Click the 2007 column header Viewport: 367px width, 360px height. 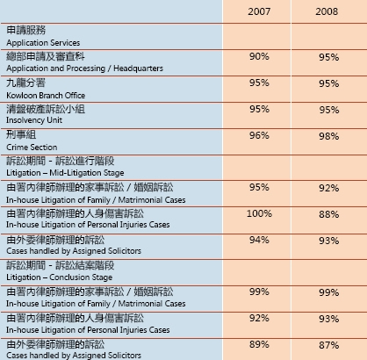tap(259, 11)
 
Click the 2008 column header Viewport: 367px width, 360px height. tap(327, 11)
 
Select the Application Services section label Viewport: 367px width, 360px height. tap(43, 43)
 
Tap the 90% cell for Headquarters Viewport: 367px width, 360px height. tap(259, 56)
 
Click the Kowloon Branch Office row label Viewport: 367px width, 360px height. tap(46, 96)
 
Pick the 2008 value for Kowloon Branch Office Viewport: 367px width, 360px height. tap(329, 83)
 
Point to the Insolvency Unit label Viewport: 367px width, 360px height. tap(34, 120)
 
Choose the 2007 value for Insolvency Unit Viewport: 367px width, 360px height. tap(259, 109)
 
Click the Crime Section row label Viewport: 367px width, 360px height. tap(32, 148)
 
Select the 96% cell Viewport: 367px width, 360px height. tap(259, 135)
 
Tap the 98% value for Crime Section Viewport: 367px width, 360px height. tap(329, 136)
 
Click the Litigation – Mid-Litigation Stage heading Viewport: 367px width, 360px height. tap(65, 173)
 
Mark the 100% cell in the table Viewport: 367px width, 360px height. tap(259, 213)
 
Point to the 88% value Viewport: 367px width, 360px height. tap(329, 214)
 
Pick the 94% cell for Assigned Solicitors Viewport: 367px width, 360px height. tap(259, 240)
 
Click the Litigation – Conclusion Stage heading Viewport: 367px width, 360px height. tap(60, 277)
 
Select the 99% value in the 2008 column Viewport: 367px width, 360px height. tap(329, 292)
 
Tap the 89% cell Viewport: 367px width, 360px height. tap(259, 344)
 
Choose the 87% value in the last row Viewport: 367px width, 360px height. tap(329, 345)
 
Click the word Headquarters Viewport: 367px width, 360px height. tap(138, 68)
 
